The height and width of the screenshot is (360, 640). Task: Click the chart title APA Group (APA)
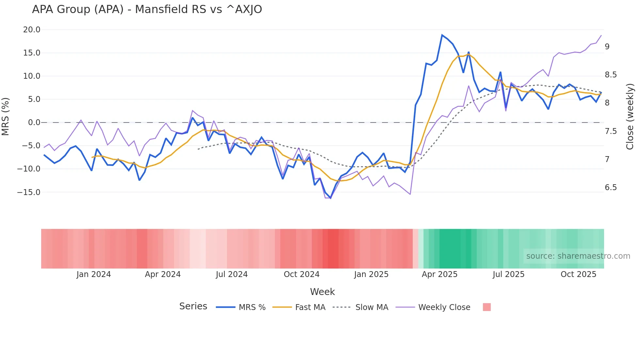coord(147,9)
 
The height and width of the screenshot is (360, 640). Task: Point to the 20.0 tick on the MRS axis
coord(32,30)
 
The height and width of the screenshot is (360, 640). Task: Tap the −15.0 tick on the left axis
coord(29,192)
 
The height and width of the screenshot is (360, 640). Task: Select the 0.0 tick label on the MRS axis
coord(34,123)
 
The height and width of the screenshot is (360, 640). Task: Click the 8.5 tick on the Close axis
coord(611,75)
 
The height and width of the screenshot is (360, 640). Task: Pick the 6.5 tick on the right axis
coord(611,188)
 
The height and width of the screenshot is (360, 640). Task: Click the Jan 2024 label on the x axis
coord(94,274)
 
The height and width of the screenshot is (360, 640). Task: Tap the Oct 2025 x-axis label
coord(578,274)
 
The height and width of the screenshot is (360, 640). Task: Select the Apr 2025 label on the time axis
coord(440,274)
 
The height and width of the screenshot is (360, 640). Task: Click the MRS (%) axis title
coord(6,116)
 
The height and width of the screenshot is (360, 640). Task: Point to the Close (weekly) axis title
coord(630,116)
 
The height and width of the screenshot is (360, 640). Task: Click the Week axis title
coord(322,292)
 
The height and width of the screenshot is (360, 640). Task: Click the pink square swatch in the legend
coord(487,307)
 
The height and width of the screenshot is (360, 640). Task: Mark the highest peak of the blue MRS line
coord(442,35)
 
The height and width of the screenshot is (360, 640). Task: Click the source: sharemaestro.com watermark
coord(578,256)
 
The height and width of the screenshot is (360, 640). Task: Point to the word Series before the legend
coord(193,306)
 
